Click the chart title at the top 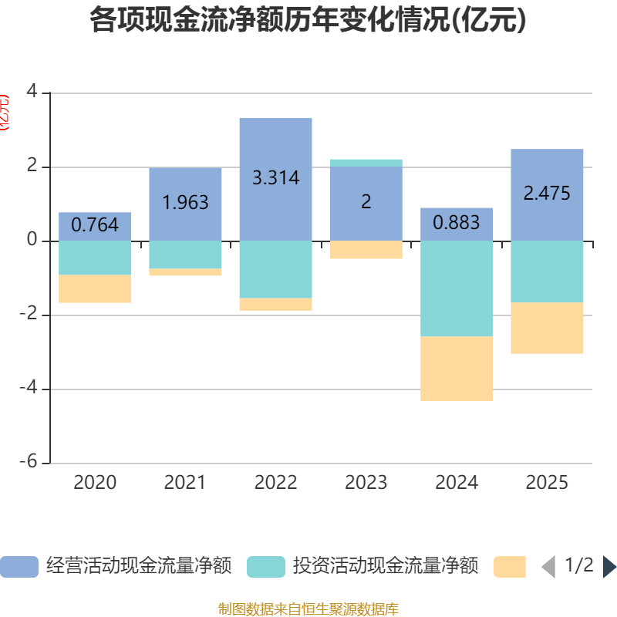point(308,21)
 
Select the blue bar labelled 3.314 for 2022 point(275,147)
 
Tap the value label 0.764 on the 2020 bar point(95,225)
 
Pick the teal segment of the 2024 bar point(457,288)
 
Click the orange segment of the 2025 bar point(547,328)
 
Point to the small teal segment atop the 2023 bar point(366,162)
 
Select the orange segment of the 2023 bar point(366,250)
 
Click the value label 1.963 point(185,203)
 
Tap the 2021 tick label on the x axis point(185,483)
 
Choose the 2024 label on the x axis point(457,483)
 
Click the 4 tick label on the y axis point(32,91)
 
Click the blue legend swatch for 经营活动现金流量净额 point(19,567)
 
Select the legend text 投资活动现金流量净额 point(386,567)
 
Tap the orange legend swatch point(510,567)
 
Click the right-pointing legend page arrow point(609,567)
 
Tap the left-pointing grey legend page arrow point(548,567)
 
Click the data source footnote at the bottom point(308,609)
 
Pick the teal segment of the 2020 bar point(95,258)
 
